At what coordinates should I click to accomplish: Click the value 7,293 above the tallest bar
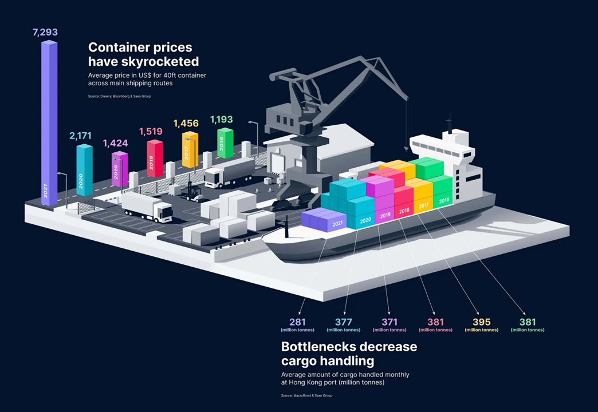(x=45, y=33)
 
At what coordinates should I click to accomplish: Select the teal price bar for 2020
(x=84, y=171)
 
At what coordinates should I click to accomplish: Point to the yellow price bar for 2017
(x=190, y=150)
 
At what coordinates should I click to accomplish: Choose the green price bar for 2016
(x=225, y=143)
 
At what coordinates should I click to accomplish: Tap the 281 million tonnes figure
(x=297, y=322)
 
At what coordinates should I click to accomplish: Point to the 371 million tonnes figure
(x=390, y=322)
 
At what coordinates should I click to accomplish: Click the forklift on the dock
(x=194, y=192)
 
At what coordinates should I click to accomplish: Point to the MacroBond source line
(x=306, y=395)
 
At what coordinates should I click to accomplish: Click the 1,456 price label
(x=186, y=124)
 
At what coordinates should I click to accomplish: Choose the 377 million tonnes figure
(x=343, y=322)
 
